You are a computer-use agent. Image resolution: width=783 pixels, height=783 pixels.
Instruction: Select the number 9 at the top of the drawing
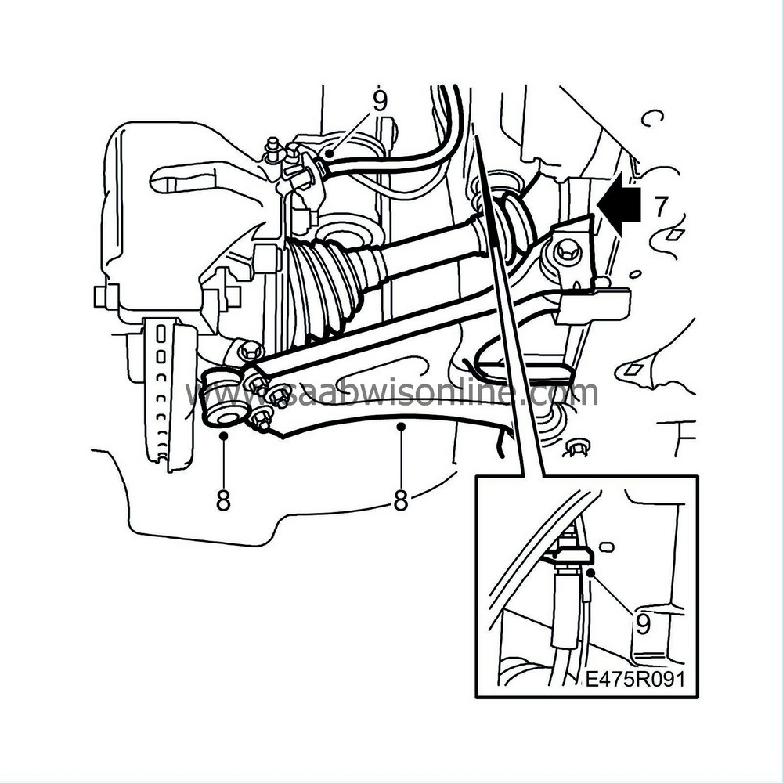coord(380,101)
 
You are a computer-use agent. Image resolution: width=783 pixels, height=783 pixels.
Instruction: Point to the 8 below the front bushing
coord(223,500)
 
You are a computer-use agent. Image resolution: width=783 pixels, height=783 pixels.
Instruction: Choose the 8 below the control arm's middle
coord(401,500)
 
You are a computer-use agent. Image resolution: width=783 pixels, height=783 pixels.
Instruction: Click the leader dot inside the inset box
coord(594,574)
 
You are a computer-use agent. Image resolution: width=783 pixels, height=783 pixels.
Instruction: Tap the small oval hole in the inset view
coord(604,542)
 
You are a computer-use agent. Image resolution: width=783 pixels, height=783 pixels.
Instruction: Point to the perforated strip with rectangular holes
coord(166,395)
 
